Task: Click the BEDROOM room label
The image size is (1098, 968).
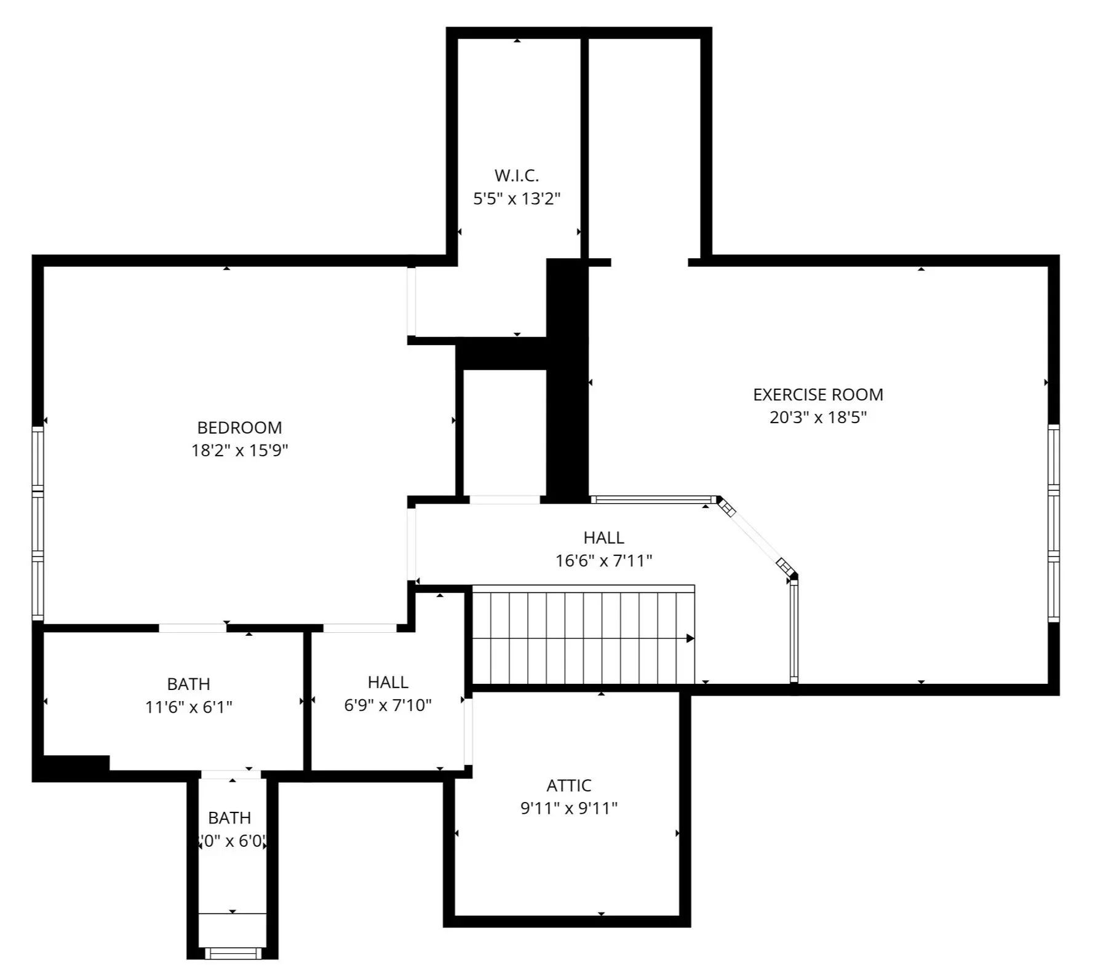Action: click(239, 427)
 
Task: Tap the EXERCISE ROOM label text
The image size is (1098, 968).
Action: click(818, 394)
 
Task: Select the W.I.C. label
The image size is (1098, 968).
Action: click(516, 176)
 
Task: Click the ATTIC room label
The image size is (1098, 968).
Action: click(568, 785)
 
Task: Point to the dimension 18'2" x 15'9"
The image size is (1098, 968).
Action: click(239, 450)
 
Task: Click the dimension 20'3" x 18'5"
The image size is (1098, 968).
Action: click(818, 418)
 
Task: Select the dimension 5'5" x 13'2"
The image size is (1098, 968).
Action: click(516, 199)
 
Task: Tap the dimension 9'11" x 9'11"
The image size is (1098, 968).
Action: click(568, 808)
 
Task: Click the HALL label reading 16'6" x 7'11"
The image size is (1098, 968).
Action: click(603, 538)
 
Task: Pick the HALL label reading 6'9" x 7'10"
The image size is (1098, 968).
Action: click(388, 682)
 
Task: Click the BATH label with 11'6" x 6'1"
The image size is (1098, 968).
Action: click(188, 684)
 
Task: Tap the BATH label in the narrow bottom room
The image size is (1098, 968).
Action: click(229, 818)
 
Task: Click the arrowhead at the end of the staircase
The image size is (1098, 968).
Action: click(690, 638)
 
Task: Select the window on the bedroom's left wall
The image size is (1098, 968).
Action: click(38, 523)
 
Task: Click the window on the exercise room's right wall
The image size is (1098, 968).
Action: click(1053, 523)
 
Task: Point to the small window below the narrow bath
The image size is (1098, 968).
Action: click(233, 953)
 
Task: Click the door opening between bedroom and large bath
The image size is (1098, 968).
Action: click(192, 628)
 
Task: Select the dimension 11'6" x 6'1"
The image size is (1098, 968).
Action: click(188, 707)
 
